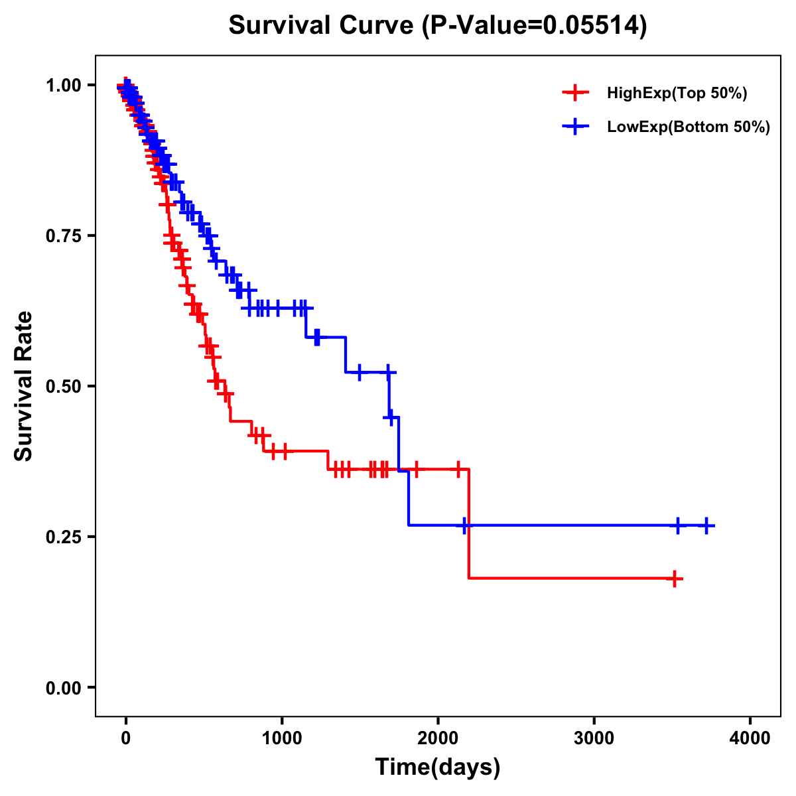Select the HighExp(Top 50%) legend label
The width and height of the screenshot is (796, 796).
tap(677, 93)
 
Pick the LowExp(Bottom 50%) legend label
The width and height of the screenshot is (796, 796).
tap(689, 127)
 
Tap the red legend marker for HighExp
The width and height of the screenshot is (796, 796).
tap(575, 93)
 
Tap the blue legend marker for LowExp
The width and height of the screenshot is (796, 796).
tap(575, 127)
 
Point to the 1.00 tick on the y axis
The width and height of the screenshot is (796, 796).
tap(62, 85)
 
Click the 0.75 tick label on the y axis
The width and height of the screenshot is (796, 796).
tap(62, 235)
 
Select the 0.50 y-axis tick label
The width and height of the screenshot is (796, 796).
tap(62, 386)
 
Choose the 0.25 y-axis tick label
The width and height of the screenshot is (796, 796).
tap(62, 537)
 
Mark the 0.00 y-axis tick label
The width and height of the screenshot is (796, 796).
tap(62, 687)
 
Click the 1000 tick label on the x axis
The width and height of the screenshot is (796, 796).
tap(282, 738)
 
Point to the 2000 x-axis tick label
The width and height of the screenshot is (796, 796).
tap(438, 738)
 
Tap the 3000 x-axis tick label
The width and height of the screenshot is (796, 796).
tap(594, 738)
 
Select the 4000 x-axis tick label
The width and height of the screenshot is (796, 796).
tap(750, 738)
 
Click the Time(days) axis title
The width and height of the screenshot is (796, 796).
tap(438, 767)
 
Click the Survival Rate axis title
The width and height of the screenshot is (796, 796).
tap(24, 386)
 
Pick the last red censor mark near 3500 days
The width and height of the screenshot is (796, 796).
tap(675, 578)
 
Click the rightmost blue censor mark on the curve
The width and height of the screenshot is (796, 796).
tap(706, 525)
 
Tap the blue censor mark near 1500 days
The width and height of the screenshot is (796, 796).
tap(359, 372)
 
